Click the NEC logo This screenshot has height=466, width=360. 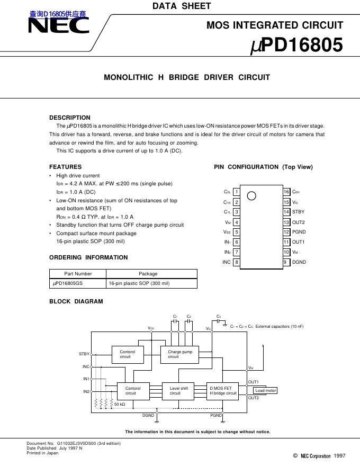click(58, 26)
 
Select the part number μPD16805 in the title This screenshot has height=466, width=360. click(296, 46)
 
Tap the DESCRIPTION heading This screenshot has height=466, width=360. click(70, 118)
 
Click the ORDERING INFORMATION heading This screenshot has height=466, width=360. click(88, 257)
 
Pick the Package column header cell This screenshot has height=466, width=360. click(148, 274)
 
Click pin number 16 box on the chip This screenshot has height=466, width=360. click(286, 192)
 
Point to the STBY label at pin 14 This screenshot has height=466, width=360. click(299, 212)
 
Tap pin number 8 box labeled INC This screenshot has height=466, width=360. click(237, 262)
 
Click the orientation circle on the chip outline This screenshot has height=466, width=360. click(252, 195)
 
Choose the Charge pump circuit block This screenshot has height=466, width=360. click(179, 354)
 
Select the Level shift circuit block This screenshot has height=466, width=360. click(178, 391)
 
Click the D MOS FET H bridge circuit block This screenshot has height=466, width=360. click(223, 391)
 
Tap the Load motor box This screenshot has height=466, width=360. click(265, 391)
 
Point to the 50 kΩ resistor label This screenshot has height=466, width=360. click(120, 405)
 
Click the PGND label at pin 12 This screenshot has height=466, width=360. click(299, 232)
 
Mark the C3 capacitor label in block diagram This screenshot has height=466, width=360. click(219, 317)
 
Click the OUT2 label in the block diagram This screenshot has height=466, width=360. click(254, 398)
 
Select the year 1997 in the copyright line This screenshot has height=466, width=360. click(340, 455)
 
